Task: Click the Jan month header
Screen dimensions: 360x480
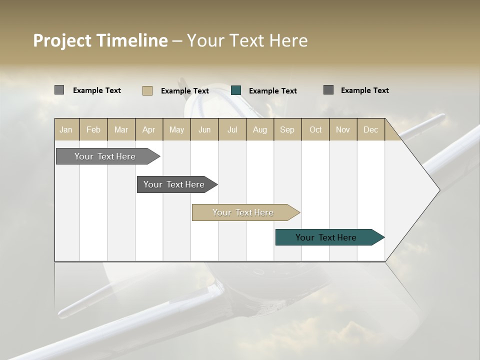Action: coord(66,129)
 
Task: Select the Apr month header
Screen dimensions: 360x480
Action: coord(148,129)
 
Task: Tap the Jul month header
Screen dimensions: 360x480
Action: coord(232,129)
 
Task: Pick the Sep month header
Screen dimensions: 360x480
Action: coord(287,129)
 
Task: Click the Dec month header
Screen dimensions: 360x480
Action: coord(370,129)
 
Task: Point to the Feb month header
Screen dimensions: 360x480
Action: coord(93,129)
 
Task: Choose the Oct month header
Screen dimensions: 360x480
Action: coord(315,129)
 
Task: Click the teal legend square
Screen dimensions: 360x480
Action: coord(236,90)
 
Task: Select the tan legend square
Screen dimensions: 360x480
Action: coord(147,90)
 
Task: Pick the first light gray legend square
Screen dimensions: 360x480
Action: coord(59,90)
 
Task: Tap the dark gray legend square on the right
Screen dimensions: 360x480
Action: coord(328,90)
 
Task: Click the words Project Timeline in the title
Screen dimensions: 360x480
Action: coord(100,40)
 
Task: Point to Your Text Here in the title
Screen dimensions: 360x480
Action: coord(247,40)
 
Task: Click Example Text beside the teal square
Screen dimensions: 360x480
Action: coord(272,91)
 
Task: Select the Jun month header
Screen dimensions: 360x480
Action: coord(204,129)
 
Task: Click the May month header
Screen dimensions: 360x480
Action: coord(176,129)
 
